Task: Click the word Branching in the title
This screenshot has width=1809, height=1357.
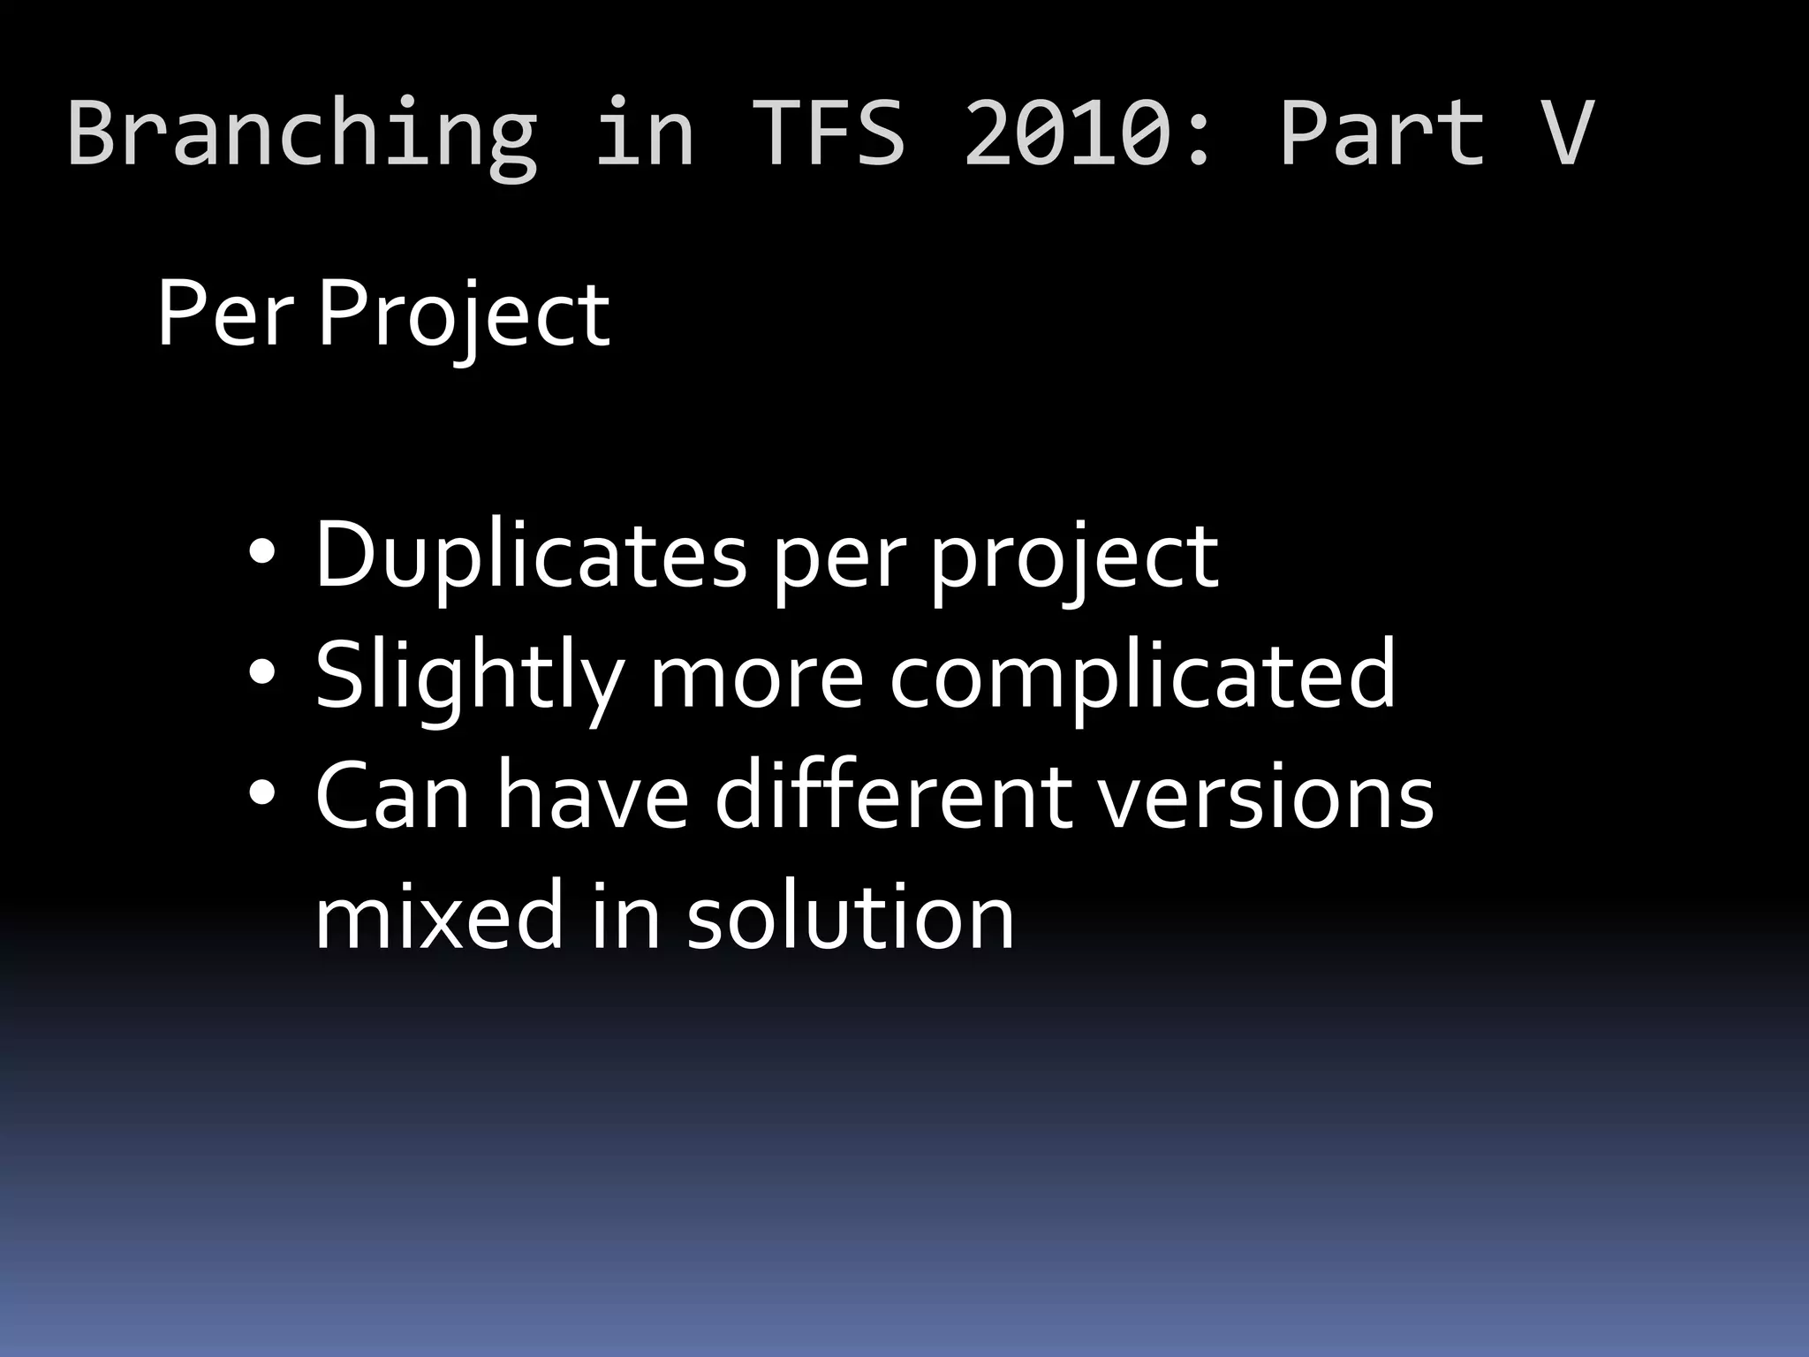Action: click(301, 134)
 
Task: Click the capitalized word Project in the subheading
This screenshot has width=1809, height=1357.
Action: click(464, 316)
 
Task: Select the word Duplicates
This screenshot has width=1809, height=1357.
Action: click(531, 557)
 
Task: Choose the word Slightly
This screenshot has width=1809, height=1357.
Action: click(469, 677)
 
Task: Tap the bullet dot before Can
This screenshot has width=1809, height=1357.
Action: click(262, 794)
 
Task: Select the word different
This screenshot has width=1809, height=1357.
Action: click(893, 796)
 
